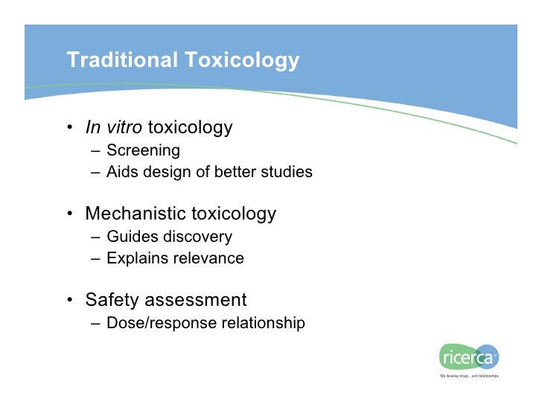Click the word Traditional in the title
(119, 60)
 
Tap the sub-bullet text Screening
(143, 151)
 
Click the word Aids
(121, 173)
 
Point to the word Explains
(135, 259)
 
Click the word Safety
(112, 301)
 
